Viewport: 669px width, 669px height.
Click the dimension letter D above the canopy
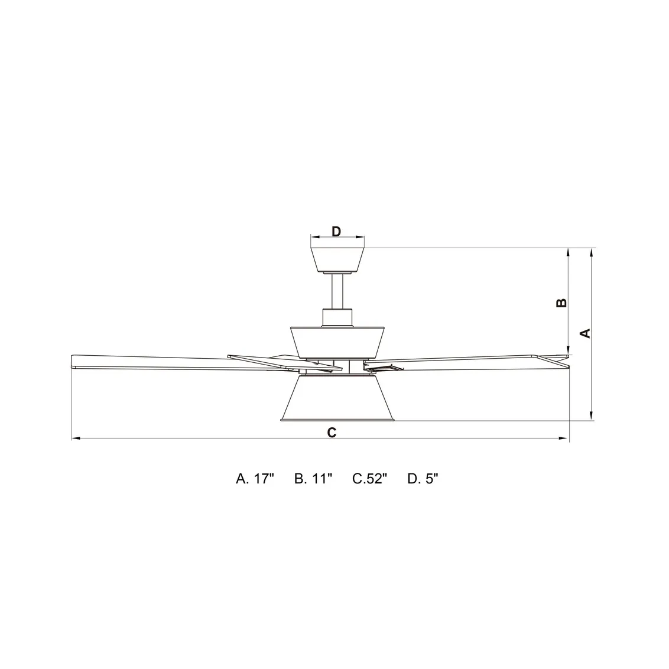click(336, 231)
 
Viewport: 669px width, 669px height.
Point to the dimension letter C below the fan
click(332, 432)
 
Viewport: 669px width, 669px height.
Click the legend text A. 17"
click(255, 479)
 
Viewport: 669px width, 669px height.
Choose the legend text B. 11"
click(313, 479)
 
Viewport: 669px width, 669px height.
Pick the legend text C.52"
click(369, 479)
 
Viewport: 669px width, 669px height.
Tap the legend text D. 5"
click(423, 479)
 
